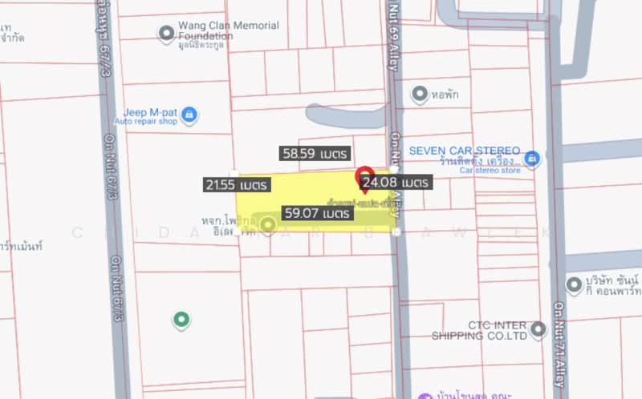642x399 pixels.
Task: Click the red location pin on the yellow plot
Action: tap(364, 175)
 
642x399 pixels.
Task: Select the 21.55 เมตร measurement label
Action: tap(236, 185)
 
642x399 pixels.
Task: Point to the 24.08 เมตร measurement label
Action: tap(395, 183)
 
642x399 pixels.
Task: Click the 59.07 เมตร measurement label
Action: tap(316, 214)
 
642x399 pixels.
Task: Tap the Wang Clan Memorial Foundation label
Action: tap(229, 30)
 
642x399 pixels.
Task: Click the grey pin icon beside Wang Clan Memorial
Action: tap(166, 33)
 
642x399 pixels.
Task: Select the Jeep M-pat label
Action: tap(150, 112)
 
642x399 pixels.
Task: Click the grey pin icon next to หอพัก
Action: tap(418, 95)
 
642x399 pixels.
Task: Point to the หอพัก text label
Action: tap(445, 95)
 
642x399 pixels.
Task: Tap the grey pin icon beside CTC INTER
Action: tap(538, 328)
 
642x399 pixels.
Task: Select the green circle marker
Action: tap(181, 320)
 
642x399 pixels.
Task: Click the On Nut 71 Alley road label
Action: tap(559, 345)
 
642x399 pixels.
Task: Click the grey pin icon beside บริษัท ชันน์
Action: tap(574, 284)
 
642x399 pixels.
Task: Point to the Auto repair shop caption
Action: tap(145, 122)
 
